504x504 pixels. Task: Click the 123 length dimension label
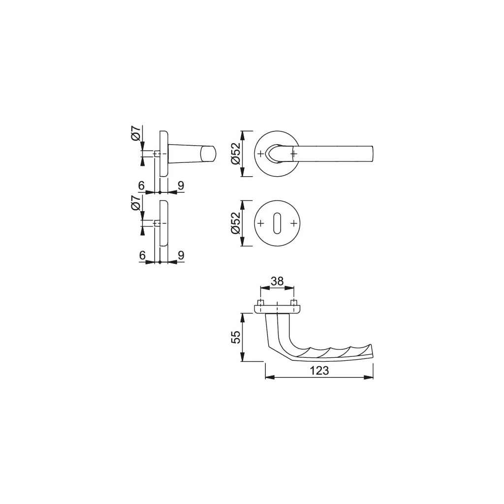pos(319,371)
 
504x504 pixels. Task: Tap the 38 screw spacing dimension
pos(277,281)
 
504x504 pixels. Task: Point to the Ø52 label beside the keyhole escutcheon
pos(236,223)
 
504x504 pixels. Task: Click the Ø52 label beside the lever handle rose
pos(236,154)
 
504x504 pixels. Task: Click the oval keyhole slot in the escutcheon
pos(277,223)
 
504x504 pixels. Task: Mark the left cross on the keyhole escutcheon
pos(261,223)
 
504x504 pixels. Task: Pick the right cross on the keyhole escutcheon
pos(293,223)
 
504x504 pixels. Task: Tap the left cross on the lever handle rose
pos(261,154)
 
